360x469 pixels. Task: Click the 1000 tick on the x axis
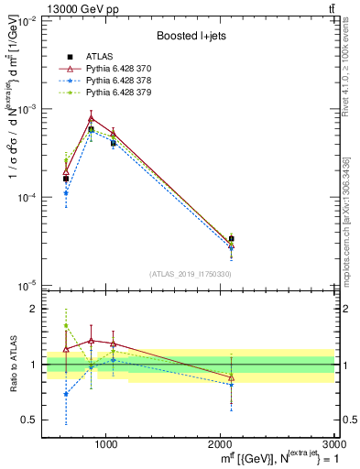[x=106, y=444]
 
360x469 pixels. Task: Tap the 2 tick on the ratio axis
[x=35, y=309]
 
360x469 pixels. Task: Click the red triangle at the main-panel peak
[x=91, y=118]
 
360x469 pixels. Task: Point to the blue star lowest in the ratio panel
[x=66, y=394]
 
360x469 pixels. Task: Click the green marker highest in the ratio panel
[x=66, y=325]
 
